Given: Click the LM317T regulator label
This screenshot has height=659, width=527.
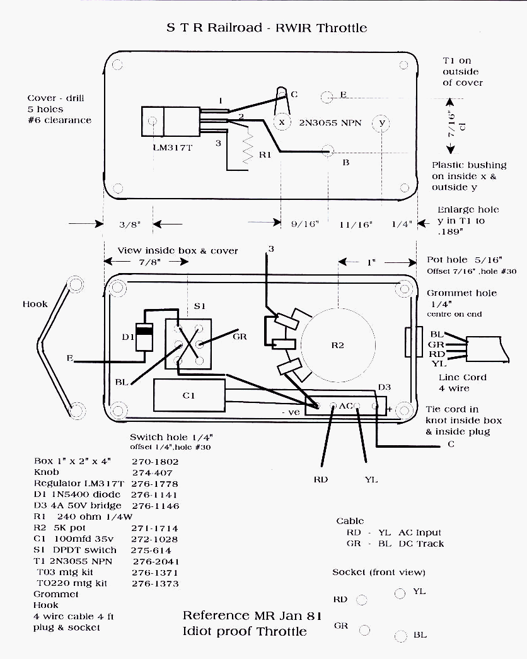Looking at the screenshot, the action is pyautogui.click(x=172, y=148).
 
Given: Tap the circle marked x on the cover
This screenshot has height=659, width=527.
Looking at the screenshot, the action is pyautogui.click(x=282, y=122).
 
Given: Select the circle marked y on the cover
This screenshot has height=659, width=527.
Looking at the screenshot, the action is pyautogui.click(x=381, y=123).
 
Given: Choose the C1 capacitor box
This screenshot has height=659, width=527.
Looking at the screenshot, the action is pyautogui.click(x=189, y=395).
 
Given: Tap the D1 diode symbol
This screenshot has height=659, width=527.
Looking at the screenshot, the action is pyautogui.click(x=144, y=337).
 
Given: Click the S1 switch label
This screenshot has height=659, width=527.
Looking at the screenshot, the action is pyautogui.click(x=200, y=306).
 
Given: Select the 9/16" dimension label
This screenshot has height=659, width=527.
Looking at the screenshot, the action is pyautogui.click(x=305, y=224).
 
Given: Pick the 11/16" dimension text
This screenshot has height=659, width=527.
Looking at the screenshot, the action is pyautogui.click(x=356, y=225).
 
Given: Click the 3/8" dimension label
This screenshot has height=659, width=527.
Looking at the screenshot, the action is pyautogui.click(x=130, y=225).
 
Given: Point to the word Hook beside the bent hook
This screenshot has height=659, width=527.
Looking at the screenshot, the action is pyautogui.click(x=35, y=304).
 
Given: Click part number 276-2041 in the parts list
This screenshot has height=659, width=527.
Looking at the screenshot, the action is pyautogui.click(x=156, y=561).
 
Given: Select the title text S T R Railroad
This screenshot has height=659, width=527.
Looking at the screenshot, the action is pyautogui.click(x=214, y=28).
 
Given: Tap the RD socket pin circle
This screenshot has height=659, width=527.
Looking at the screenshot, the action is pyautogui.click(x=361, y=600).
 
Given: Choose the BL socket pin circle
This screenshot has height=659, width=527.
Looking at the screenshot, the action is pyautogui.click(x=400, y=636).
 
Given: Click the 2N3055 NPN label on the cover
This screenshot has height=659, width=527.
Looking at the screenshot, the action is pyautogui.click(x=330, y=123).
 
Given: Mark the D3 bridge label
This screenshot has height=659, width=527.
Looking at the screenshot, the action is pyautogui.click(x=385, y=387).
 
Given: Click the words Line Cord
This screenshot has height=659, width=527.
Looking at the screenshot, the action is pyautogui.click(x=462, y=377).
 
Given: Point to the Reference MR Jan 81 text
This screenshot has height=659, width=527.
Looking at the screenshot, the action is pyautogui.click(x=252, y=615).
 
